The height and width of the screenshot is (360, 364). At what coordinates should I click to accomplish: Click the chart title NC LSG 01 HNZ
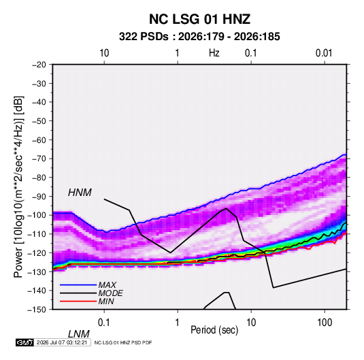pyautogui.click(x=199, y=19)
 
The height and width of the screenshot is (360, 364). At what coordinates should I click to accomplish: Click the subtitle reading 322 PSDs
pyautogui.click(x=144, y=37)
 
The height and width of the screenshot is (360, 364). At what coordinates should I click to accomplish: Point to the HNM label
pyautogui.click(x=80, y=193)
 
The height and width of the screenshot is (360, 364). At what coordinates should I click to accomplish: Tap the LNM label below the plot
pyautogui.click(x=78, y=334)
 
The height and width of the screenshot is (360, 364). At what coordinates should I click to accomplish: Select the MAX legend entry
pyautogui.click(x=107, y=284)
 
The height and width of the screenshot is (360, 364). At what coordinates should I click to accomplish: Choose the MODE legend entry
pyautogui.click(x=110, y=293)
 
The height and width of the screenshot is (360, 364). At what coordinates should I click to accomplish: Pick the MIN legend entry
pyautogui.click(x=106, y=301)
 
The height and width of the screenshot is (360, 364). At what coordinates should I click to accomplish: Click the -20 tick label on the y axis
pyautogui.click(x=39, y=65)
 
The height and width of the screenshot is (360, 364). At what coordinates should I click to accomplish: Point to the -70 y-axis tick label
pyautogui.click(x=39, y=159)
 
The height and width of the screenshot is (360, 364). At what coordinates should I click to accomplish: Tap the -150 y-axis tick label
pyautogui.click(x=37, y=310)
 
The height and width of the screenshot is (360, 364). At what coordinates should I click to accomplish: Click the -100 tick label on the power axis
pyautogui.click(x=37, y=215)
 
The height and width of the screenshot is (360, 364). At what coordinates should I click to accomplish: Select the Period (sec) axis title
pyautogui.click(x=214, y=330)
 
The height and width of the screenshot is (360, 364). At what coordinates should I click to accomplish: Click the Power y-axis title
pyautogui.click(x=18, y=187)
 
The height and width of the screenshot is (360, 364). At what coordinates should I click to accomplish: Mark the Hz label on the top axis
pyautogui.click(x=214, y=53)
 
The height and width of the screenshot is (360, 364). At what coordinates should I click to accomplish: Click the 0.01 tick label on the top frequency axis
pyautogui.click(x=324, y=53)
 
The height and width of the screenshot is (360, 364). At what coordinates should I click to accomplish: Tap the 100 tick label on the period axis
pyautogui.click(x=325, y=323)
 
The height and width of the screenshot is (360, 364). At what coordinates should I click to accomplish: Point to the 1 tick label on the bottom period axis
pyautogui.click(x=177, y=323)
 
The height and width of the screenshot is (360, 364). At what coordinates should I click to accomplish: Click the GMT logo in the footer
pyautogui.click(x=24, y=342)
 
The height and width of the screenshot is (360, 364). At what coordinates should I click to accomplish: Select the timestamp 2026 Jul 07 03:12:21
pyautogui.click(x=62, y=342)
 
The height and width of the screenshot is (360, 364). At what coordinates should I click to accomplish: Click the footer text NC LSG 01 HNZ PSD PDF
pyautogui.click(x=123, y=342)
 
